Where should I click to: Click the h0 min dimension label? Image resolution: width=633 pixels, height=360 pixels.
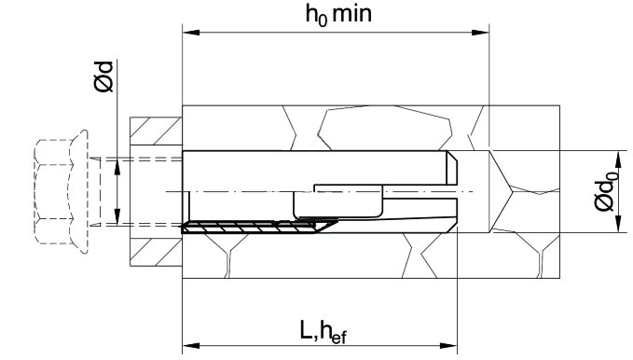point(338,15)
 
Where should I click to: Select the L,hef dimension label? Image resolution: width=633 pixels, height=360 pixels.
point(323,332)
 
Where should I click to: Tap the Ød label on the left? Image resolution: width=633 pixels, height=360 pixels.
point(104,76)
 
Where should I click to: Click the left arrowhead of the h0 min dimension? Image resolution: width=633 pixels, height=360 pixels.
point(191,33)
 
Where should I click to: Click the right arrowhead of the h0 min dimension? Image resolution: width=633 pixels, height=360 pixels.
point(480,33)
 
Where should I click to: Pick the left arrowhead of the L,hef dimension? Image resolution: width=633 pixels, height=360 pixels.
point(191,346)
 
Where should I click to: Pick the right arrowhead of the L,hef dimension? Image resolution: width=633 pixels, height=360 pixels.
point(448,346)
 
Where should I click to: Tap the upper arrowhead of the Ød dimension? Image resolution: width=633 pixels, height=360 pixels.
point(117,167)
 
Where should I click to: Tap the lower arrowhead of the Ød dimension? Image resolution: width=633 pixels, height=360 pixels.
point(117,216)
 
